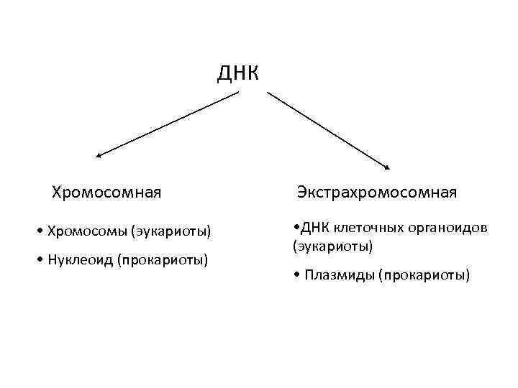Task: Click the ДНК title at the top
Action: (x=237, y=73)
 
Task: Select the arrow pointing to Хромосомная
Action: (x=167, y=123)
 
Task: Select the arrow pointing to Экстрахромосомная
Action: (x=328, y=130)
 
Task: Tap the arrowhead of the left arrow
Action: (x=99, y=154)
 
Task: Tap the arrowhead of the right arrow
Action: (x=386, y=167)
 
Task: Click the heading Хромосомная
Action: (x=106, y=193)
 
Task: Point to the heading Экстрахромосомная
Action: (x=377, y=193)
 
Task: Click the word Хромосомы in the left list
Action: (x=87, y=231)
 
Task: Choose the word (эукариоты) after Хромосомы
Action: (x=171, y=231)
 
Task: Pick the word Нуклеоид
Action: (x=77, y=259)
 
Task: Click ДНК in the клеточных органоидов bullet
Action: (x=315, y=228)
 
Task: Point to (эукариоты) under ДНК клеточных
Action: (x=332, y=246)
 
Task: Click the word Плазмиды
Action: (x=337, y=275)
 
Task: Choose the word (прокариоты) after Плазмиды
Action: (x=424, y=275)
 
